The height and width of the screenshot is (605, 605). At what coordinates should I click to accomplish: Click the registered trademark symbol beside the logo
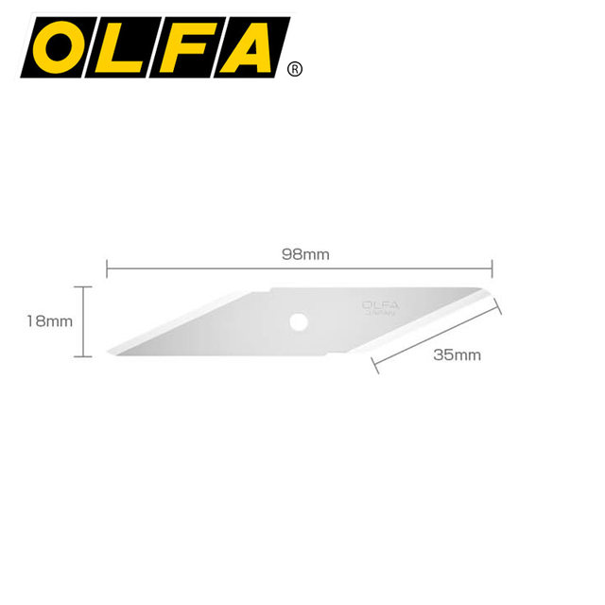(x=295, y=69)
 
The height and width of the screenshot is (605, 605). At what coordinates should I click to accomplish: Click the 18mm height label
(x=50, y=321)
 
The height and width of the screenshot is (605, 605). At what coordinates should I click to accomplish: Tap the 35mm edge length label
(x=458, y=355)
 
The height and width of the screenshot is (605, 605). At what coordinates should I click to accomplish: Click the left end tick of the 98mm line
(x=106, y=268)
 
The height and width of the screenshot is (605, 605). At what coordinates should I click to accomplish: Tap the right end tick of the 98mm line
(x=493, y=268)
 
